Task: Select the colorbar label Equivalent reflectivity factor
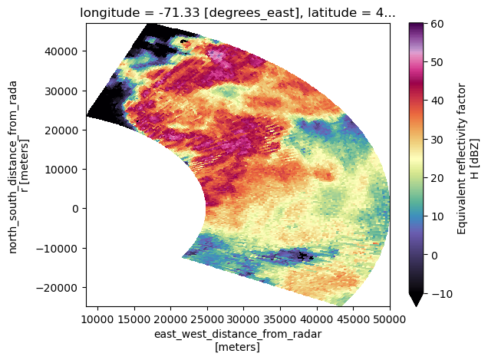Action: (462, 160)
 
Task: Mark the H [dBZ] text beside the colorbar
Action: (475, 160)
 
